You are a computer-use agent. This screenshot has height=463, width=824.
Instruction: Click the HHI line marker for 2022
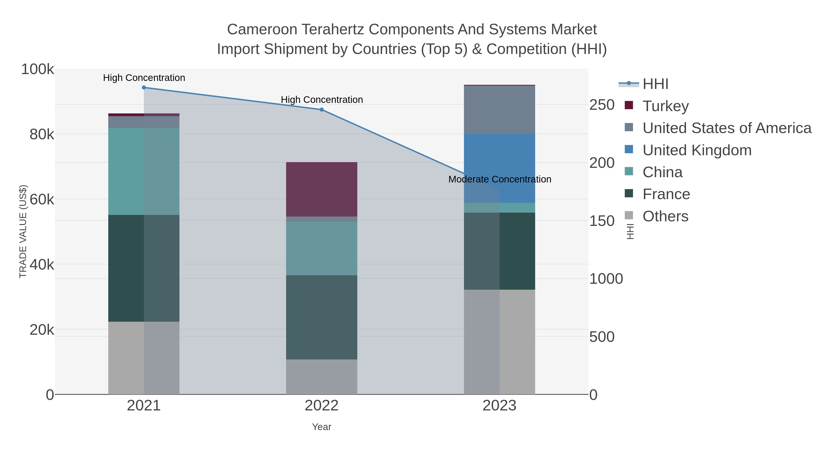(x=322, y=110)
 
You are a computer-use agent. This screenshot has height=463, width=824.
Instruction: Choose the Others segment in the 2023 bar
(x=499, y=342)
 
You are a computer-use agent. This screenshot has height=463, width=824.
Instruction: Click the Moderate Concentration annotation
(x=499, y=179)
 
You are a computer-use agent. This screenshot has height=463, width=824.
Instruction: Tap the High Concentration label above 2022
(x=322, y=100)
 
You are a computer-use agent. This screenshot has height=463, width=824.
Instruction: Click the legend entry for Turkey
(x=665, y=106)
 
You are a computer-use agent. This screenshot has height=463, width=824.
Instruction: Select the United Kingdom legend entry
(x=697, y=150)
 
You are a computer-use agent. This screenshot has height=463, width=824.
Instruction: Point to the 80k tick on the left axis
(x=42, y=134)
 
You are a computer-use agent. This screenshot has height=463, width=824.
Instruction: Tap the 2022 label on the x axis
(x=322, y=406)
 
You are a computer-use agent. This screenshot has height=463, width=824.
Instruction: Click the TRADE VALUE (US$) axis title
(x=23, y=231)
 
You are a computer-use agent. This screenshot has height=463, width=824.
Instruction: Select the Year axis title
(x=322, y=427)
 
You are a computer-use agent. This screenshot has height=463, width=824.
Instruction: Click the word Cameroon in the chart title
(x=262, y=29)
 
